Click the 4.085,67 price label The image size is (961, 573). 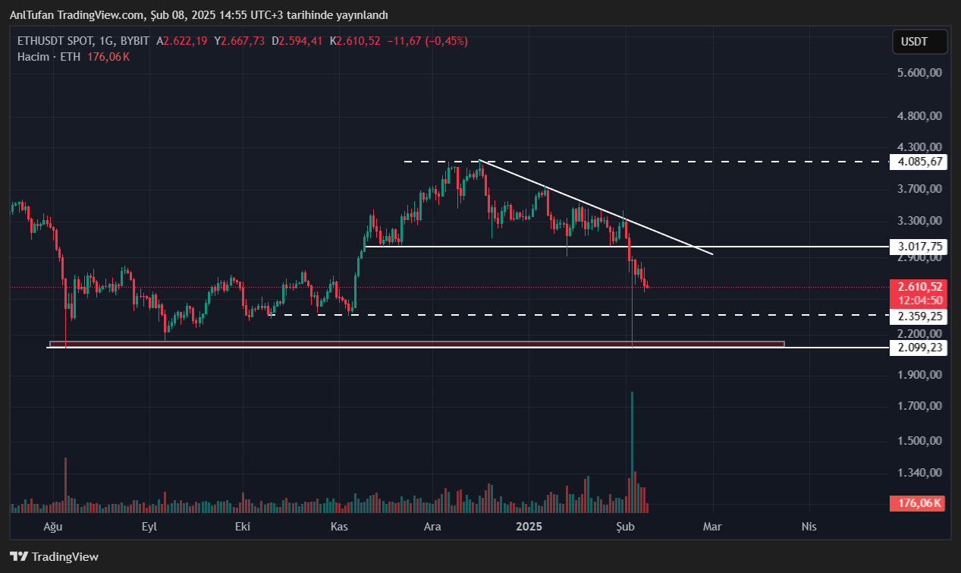[919, 162]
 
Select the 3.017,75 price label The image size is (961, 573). [919, 247]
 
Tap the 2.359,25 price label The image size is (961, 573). [919, 316]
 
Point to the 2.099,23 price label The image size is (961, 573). [919, 347]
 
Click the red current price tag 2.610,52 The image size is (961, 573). [919, 287]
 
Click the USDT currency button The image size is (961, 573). [919, 42]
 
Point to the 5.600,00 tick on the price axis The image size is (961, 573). [919, 73]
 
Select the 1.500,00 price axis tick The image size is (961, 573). [919, 441]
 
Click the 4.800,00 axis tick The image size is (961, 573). [919, 117]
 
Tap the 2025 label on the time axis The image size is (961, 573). [528, 526]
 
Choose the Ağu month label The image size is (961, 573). [52, 526]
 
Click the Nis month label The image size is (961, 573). [809, 526]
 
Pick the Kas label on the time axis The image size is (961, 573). [339, 526]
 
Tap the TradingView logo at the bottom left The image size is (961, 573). [55, 556]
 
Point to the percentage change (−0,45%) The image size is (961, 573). [447, 41]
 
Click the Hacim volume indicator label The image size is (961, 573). [33, 57]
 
